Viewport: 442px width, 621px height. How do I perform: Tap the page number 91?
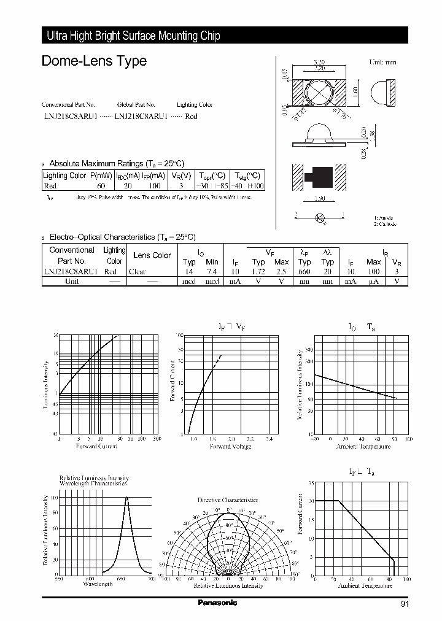click(404, 604)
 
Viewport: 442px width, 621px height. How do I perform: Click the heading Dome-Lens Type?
click(94, 61)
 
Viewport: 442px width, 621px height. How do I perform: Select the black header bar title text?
click(133, 36)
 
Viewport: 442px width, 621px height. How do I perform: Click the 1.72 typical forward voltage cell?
click(258, 271)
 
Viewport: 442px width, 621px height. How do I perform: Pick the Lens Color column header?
click(152, 255)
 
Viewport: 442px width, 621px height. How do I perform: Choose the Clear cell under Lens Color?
click(138, 271)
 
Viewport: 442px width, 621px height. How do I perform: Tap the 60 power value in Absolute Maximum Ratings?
click(101, 185)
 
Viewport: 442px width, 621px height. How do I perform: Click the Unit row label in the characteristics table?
click(72, 281)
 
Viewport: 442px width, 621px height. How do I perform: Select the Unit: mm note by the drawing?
click(384, 63)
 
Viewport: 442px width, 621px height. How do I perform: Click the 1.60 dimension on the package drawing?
click(356, 92)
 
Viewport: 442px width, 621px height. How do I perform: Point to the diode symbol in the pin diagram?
click(319, 217)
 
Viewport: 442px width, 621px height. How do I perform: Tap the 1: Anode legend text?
click(384, 218)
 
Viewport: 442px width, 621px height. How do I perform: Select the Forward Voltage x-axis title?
click(231, 446)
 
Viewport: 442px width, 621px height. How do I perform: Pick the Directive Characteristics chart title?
click(228, 500)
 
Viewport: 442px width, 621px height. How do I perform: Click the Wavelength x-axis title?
click(98, 584)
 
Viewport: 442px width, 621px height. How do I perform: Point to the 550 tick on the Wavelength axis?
click(58, 579)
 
